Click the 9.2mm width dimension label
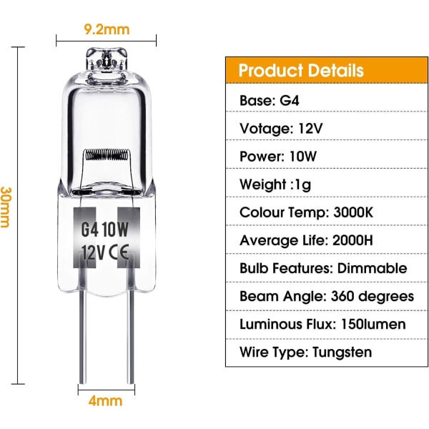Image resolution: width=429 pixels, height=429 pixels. [107, 29]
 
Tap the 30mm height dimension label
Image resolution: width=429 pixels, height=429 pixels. [6, 207]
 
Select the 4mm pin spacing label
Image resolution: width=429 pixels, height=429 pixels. [105, 401]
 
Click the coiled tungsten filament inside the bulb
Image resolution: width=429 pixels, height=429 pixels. [107, 155]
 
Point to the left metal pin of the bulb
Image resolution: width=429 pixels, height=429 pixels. [83, 337]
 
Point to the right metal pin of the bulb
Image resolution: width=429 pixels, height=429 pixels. [131, 337]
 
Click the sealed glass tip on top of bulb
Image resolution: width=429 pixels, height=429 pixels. [107, 59]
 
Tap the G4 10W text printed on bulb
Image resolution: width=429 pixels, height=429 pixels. [105, 230]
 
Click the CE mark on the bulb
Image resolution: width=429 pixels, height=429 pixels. [119, 252]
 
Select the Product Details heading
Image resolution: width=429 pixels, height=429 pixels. [301, 70]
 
